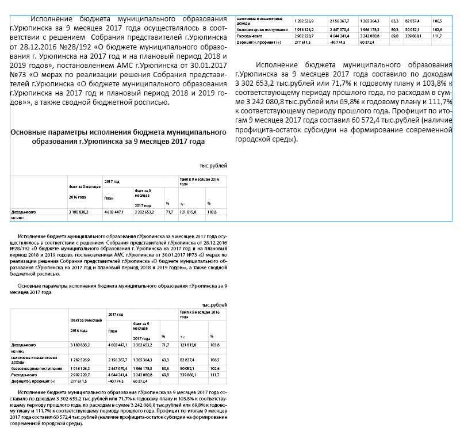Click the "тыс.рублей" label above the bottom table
coord(214,304)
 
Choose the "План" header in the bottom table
coord(113,331)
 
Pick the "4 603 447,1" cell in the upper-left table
coord(114,212)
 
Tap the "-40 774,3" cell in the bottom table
coord(116,381)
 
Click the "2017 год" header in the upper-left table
coord(112,181)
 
